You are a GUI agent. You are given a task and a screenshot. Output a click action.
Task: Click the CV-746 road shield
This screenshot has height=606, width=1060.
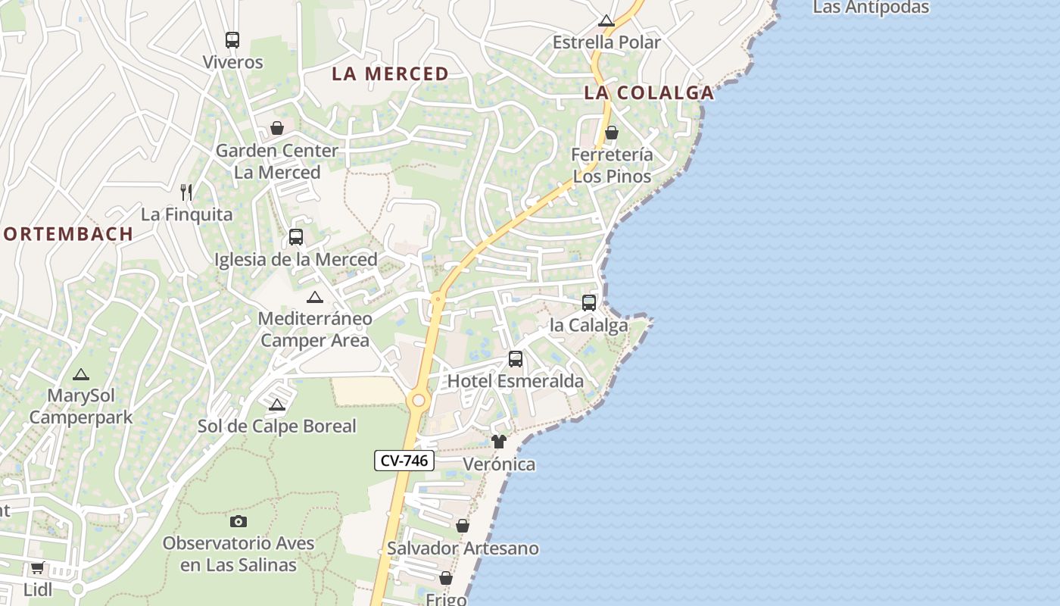pos(404,460)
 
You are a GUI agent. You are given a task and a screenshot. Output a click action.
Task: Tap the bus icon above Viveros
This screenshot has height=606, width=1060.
pos(232,40)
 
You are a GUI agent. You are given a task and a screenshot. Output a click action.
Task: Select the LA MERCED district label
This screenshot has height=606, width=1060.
pos(391,73)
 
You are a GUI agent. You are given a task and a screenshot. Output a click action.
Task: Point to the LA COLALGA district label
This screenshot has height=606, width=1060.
pos(649,92)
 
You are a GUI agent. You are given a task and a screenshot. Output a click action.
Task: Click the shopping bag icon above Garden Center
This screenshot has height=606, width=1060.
pos(277,128)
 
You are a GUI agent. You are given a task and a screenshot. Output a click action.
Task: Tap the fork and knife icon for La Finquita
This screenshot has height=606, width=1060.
pos(186,192)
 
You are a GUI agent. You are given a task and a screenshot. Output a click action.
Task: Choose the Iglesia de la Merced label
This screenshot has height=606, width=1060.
pos(296,259)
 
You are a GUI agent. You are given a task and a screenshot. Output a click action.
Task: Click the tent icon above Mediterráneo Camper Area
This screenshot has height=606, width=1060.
pos(314,297)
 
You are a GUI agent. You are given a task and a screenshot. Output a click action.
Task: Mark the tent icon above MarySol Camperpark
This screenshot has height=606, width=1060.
pos(81,374)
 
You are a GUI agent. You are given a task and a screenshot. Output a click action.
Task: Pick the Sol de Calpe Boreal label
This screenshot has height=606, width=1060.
pos(277,426)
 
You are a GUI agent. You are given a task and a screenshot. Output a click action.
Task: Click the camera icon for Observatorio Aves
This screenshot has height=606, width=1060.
pos(238,521)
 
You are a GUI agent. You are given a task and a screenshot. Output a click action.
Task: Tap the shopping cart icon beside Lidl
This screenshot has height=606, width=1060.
pos(37,567)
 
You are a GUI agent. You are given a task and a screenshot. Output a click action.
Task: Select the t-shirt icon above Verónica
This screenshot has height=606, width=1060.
pos(498,442)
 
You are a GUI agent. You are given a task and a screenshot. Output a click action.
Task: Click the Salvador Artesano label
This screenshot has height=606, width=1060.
pos(463,548)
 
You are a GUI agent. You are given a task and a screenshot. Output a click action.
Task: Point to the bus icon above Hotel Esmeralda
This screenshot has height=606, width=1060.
pos(516,359)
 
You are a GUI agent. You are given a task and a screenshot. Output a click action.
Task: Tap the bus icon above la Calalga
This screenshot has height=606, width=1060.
pos(589,303)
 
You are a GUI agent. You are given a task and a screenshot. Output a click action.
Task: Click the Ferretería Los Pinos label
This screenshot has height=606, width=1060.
pos(612,165)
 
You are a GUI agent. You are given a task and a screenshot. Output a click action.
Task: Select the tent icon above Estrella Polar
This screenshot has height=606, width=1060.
pos(606,20)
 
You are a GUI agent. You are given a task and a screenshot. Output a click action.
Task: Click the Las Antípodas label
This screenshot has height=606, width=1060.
pos(871,8)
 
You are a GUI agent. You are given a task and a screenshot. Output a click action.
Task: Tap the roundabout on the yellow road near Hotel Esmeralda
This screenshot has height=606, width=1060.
pos(417,399)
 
